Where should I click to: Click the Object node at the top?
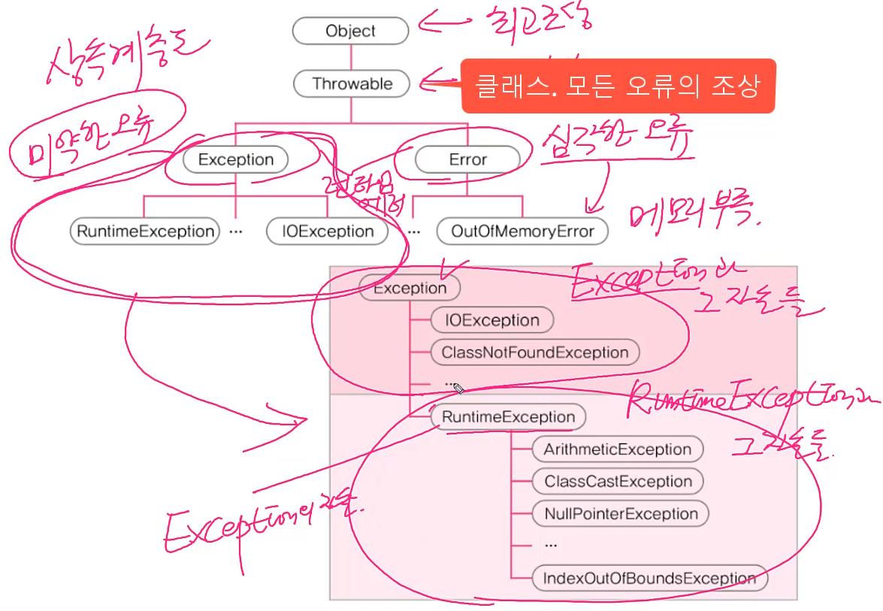(x=350, y=32)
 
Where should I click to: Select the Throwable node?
(x=352, y=83)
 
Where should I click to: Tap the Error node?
(x=467, y=159)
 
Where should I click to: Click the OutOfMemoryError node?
(x=522, y=231)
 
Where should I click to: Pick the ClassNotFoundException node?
(x=534, y=352)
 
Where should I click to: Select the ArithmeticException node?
(x=618, y=449)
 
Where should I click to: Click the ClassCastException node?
(x=618, y=482)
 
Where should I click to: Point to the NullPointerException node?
(x=621, y=514)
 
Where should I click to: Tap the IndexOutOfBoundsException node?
(x=649, y=579)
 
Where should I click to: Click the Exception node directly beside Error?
(x=235, y=159)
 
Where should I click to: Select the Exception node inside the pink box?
(x=410, y=288)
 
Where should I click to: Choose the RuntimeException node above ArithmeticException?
(x=508, y=417)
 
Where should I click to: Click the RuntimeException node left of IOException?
(x=145, y=231)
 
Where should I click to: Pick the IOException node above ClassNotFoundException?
(x=492, y=320)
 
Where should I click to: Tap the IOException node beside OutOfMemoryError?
(x=328, y=231)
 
